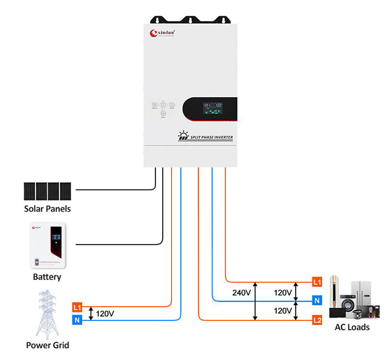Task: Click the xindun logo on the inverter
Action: click(162, 33)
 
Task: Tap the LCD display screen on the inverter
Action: click(218, 110)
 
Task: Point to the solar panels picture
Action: click(47, 191)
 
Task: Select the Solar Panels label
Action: click(47, 209)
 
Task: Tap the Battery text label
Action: click(47, 277)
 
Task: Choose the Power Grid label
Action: click(47, 345)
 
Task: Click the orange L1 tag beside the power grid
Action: click(77, 307)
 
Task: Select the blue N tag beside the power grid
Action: click(77, 320)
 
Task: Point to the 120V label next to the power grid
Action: click(105, 314)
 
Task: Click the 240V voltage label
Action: click(241, 293)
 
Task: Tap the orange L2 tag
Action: click(317, 319)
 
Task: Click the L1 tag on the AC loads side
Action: click(317, 282)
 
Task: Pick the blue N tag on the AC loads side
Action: click(317, 301)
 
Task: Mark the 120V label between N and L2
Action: click(283, 310)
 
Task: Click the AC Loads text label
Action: click(352, 328)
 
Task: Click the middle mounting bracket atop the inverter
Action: click(190, 20)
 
